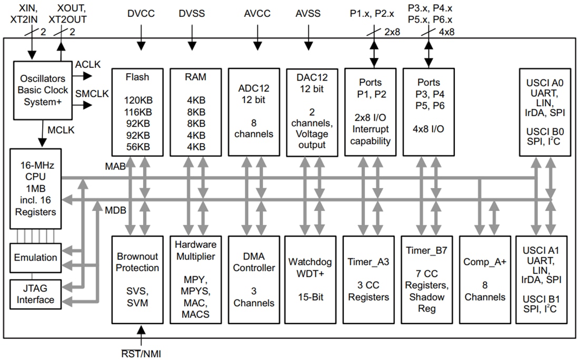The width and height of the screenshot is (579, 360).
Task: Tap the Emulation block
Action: [x=36, y=257]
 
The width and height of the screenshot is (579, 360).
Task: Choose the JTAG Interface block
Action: [x=36, y=294]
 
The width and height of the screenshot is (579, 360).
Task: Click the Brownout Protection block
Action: [x=137, y=279]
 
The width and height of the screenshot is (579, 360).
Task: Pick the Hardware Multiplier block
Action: [x=195, y=279]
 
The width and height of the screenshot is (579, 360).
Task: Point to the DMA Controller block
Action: [x=254, y=279]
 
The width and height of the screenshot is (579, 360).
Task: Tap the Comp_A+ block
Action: [x=484, y=279]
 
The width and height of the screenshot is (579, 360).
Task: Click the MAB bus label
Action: [x=115, y=167]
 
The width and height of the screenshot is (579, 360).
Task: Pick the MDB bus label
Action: [x=115, y=209]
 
